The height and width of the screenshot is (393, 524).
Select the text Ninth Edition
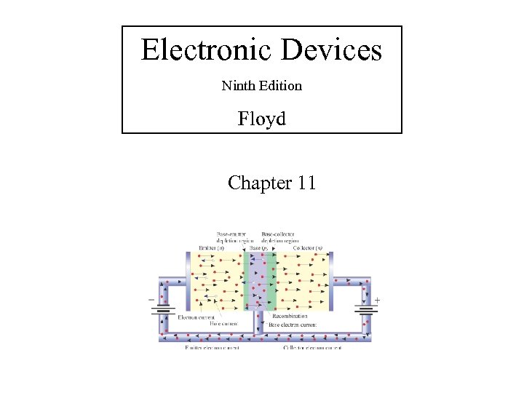[261, 86]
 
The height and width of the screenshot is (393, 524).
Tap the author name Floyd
[261, 118]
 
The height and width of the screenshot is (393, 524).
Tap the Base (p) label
[258, 248]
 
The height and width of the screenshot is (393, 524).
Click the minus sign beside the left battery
[151, 299]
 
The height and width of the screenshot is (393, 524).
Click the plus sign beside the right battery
[377, 299]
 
